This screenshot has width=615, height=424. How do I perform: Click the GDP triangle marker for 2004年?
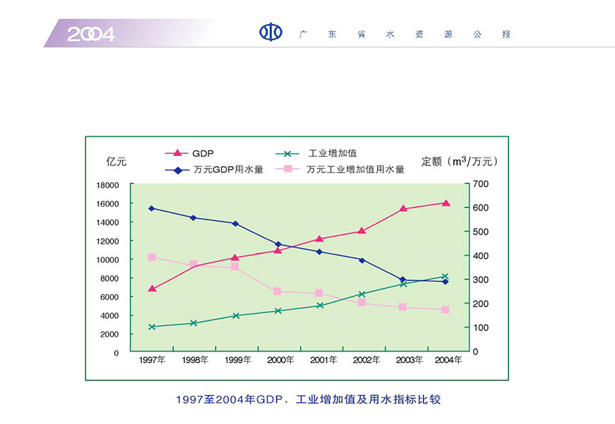446,202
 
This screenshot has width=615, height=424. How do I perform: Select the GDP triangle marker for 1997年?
152,288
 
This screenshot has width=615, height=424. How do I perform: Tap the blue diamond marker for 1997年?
152,208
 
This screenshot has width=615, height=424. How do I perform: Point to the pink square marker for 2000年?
277,291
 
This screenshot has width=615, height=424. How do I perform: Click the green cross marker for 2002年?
361,294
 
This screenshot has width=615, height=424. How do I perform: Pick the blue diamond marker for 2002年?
361,260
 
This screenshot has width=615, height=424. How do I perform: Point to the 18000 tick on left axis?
107,185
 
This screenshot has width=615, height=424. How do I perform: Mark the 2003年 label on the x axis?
404,360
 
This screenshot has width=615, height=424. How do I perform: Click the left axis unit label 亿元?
116,161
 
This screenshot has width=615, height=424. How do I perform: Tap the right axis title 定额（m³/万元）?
461,161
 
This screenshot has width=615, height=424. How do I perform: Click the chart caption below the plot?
308,399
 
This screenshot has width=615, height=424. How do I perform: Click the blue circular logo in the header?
271,33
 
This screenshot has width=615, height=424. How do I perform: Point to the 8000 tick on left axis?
109,278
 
